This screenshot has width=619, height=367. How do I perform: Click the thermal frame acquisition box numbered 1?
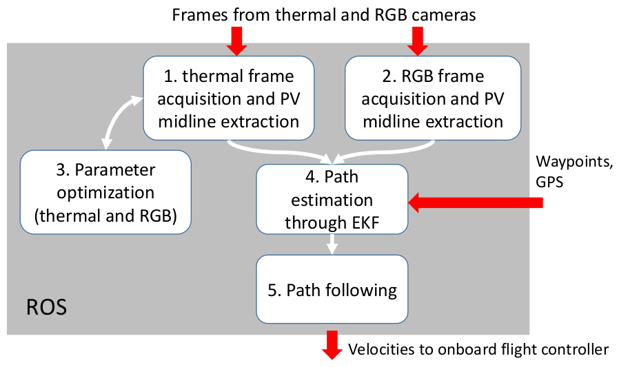pyautogui.click(x=228, y=98)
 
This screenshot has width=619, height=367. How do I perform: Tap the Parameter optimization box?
pyautogui.click(x=105, y=192)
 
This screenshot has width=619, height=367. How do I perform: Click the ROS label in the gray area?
pyautogui.click(x=46, y=307)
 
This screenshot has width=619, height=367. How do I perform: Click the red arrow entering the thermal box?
pyautogui.click(x=236, y=40)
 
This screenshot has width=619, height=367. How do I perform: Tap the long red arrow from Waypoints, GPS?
pyautogui.click(x=476, y=202)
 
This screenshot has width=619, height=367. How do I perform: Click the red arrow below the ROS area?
pyautogui.click(x=333, y=344)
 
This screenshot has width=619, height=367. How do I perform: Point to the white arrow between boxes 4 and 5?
pyautogui.click(x=332, y=244)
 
